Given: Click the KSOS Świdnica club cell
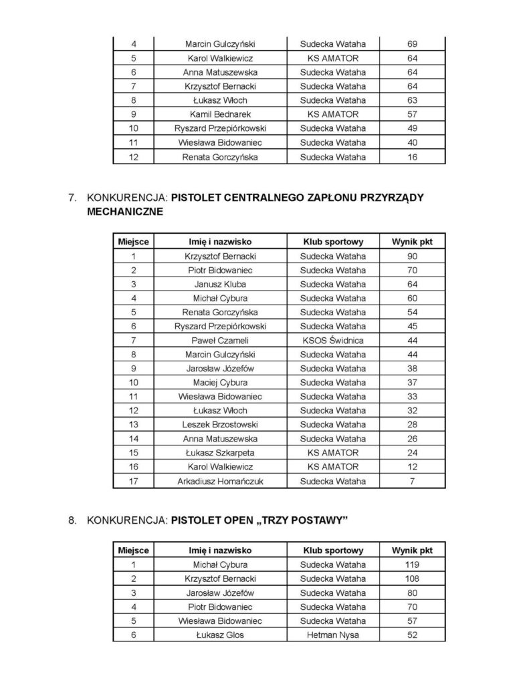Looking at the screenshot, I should coord(333,340).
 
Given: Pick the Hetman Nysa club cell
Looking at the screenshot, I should coord(333,635).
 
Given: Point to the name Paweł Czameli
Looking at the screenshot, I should coord(220,340).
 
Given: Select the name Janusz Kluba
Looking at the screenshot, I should coord(220,284).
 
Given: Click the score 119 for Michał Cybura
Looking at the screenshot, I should coord(412,564).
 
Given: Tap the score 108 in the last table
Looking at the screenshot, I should coord(412,578).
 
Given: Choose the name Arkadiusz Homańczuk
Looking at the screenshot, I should coord(220,481).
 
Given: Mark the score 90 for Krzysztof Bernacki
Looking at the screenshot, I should coord(412,256).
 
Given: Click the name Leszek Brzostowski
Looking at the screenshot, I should coord(220,424).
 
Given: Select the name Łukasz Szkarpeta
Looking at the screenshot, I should coord(220,452).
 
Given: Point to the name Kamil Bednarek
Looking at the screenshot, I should coord(220,114).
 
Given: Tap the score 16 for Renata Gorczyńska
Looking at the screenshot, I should coord(412,157).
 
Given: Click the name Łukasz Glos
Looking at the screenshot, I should coord(220,635).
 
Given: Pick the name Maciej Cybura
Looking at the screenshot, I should coord(220,382).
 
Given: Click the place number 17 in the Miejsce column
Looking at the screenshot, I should coord(134,481).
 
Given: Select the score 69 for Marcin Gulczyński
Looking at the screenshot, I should coord(412,43).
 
